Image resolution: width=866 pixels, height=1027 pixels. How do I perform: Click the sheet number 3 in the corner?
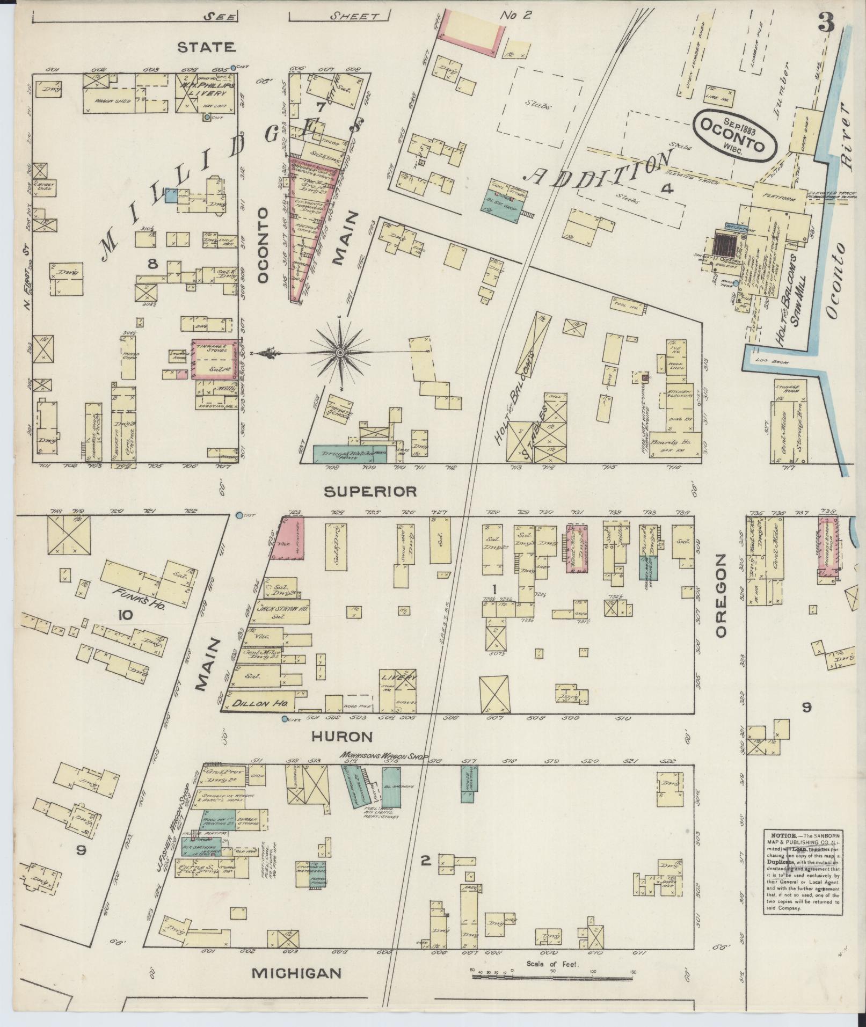pyautogui.click(x=827, y=23)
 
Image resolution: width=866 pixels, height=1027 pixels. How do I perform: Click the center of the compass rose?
pyautogui.click(x=340, y=352)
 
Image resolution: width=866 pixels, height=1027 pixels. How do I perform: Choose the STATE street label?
pyautogui.click(x=207, y=47)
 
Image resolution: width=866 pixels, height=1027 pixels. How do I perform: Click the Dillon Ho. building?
pyautogui.click(x=260, y=702)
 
